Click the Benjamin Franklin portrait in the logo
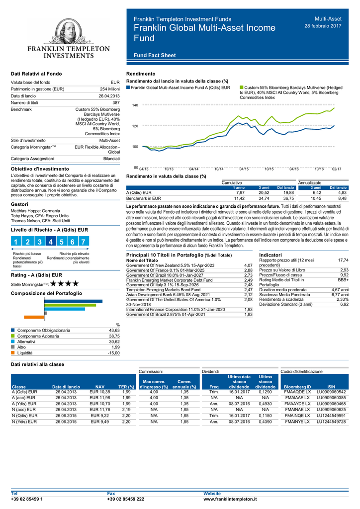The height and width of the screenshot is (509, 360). tap(69, 31)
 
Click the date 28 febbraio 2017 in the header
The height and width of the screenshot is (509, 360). tap(323, 26)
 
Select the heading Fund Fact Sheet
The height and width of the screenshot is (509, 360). tap(155, 55)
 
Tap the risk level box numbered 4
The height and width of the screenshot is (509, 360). tap(50, 242)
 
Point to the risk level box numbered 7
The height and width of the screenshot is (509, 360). tap(84, 242)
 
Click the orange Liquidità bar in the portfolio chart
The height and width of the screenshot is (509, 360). tap(34, 317)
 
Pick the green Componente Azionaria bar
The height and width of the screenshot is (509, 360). tap(70, 305)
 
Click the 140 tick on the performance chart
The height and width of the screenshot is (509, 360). tap(135, 105)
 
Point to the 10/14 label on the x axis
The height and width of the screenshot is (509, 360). tap(219, 169)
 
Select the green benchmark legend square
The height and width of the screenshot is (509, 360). tap(241, 87)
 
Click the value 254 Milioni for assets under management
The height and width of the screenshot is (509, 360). tap(110, 89)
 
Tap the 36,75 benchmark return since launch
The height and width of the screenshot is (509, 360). tap(288, 198)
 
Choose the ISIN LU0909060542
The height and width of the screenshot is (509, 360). tap(331, 392)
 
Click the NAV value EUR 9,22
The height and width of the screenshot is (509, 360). tap(99, 416)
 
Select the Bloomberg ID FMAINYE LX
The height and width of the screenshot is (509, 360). tap(297, 422)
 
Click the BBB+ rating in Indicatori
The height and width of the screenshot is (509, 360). tap(343, 280)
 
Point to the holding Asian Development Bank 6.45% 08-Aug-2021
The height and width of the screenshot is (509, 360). tap(168, 295)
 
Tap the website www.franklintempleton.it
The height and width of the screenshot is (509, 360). tap(230, 499)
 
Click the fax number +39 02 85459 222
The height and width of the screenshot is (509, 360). tap(126, 499)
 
